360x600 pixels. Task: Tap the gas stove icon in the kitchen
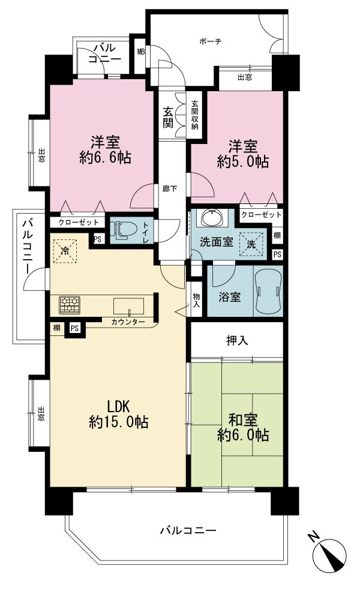[x=69, y=305]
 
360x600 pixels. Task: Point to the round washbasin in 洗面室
[x=211, y=218]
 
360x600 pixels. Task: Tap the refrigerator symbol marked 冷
[x=65, y=251]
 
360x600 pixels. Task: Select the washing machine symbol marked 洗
[x=251, y=245]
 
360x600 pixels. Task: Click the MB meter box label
[x=141, y=52]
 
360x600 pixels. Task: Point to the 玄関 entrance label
[x=167, y=117]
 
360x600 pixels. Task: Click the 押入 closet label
[x=237, y=340]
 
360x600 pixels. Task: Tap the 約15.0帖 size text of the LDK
[x=119, y=422]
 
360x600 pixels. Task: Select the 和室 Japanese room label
[x=243, y=420]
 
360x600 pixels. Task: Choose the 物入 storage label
[x=197, y=301]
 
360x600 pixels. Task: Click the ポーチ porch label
[x=211, y=41]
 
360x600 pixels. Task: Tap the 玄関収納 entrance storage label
[x=195, y=115]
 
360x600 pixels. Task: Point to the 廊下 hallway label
[x=169, y=188]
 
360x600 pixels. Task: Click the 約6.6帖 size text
[x=105, y=158]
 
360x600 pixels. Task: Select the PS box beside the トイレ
[x=98, y=239]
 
